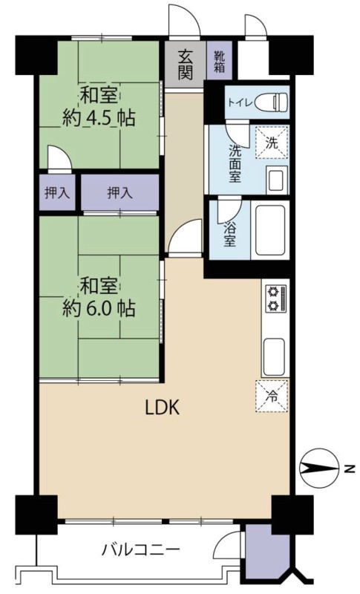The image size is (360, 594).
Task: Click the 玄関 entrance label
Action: (x=186, y=65)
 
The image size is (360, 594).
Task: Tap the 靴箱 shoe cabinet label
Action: (x=220, y=62)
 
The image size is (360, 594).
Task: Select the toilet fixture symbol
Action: (x=271, y=102)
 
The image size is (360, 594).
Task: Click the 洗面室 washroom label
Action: (x=235, y=164)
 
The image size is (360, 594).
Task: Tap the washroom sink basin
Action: (x=277, y=180)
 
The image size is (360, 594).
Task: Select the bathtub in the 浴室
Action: (x=269, y=230)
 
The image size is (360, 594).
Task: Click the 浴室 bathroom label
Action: (x=229, y=234)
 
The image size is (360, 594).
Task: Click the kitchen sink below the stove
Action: (x=274, y=357)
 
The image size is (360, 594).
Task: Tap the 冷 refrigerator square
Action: (x=272, y=396)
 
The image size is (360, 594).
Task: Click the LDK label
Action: (x=163, y=408)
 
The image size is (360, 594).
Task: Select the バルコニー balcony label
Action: (x=140, y=549)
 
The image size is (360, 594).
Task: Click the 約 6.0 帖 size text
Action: (x=99, y=309)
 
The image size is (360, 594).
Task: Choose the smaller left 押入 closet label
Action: (x=57, y=193)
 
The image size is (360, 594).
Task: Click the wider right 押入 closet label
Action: (x=120, y=193)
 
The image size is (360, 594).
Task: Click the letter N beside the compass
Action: (x=350, y=469)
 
